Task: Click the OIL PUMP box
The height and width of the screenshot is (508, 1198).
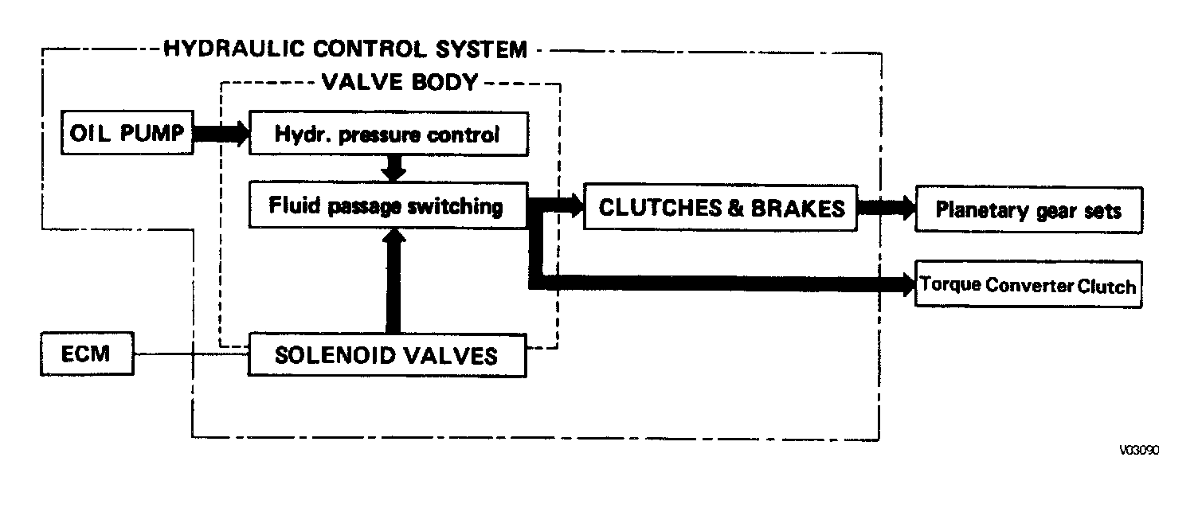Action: pos(127,133)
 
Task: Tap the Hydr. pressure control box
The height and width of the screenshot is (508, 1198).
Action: pos(388,134)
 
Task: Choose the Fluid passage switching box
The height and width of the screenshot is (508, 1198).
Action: pos(388,206)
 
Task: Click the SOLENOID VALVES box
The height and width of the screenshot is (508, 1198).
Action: pos(388,355)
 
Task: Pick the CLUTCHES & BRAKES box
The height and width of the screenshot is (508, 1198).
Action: pos(721,207)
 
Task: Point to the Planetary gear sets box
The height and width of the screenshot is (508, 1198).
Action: pos(1028,210)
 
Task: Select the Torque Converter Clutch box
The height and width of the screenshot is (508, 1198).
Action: pos(1028,284)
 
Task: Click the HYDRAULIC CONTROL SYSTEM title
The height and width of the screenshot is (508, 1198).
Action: pos(345,49)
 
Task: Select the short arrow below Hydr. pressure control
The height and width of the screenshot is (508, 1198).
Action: pos(393,168)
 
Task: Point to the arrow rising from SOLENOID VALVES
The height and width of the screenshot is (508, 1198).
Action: pos(393,283)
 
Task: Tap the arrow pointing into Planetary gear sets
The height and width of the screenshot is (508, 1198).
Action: pos(887,209)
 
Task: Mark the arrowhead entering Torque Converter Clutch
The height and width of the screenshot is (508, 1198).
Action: pos(906,283)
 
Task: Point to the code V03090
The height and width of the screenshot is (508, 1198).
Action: pos(1139,450)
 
